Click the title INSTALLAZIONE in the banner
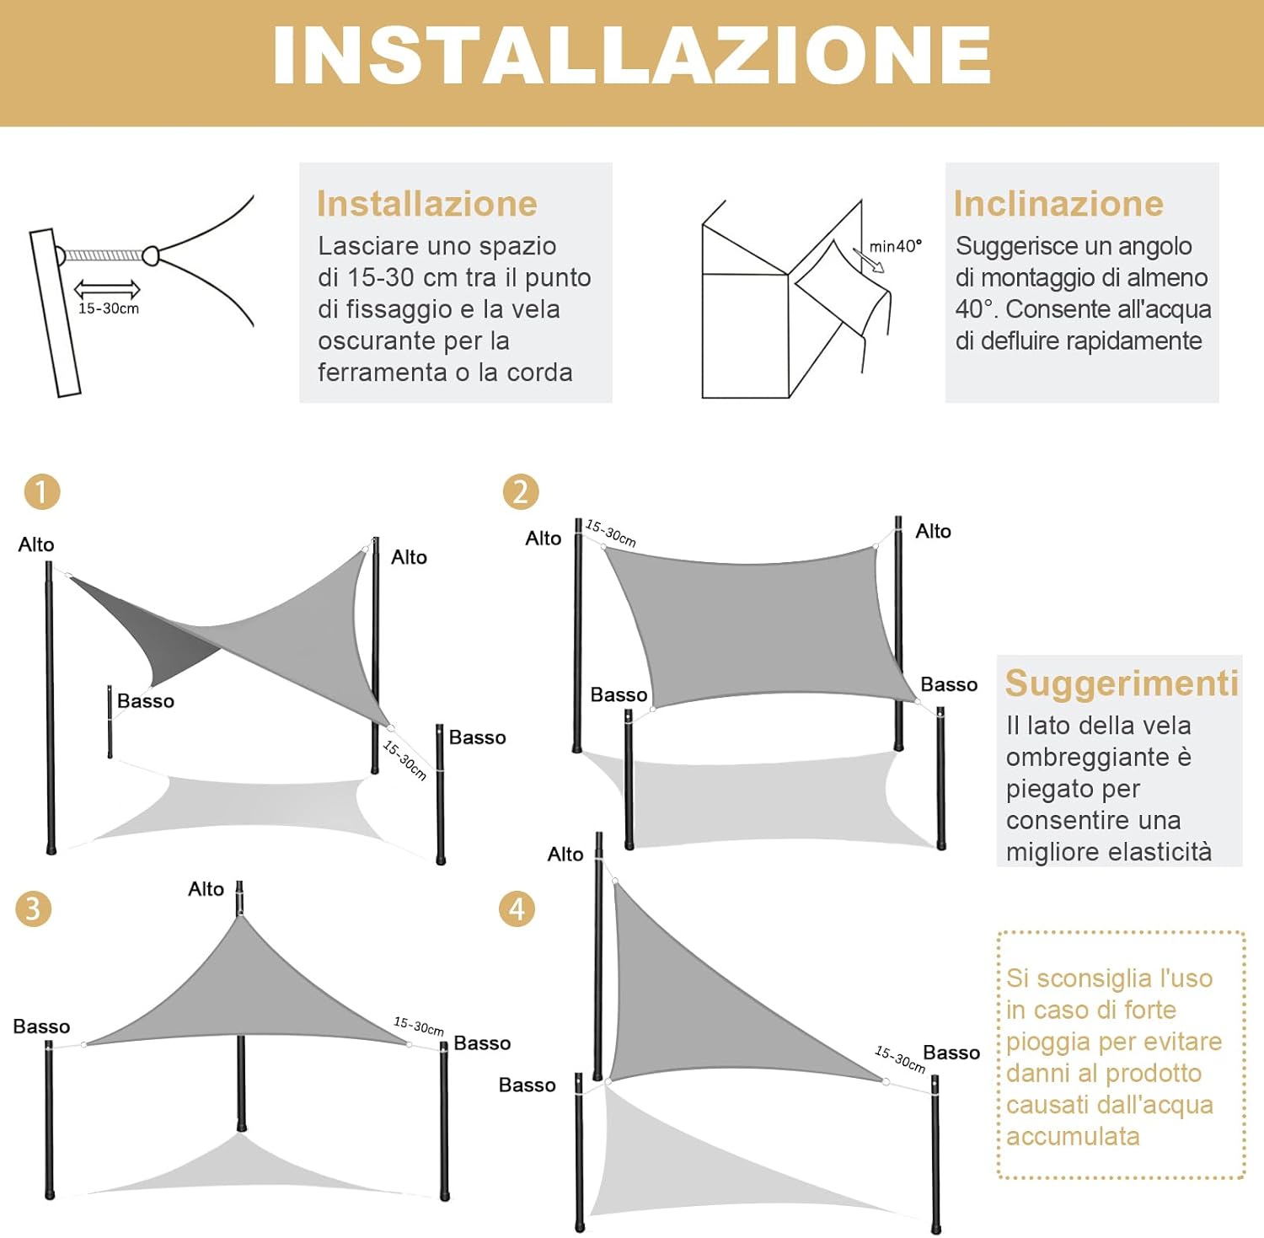coord(632,56)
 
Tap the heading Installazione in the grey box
coord(426,204)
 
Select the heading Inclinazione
coord(1058,204)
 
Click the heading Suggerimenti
coord(1121,683)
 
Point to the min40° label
coord(895,246)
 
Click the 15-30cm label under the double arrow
coord(109,308)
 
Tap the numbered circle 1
coord(42,491)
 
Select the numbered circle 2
coord(520,491)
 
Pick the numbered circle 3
coord(34,908)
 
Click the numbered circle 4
coord(517,908)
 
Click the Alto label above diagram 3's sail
coord(206,889)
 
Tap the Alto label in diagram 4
coord(565,855)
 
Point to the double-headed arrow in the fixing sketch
coord(107,289)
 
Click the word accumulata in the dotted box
coord(1073,1137)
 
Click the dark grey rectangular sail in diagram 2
coord(758,632)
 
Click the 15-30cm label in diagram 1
coord(404,760)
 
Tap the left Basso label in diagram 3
coord(41,1026)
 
